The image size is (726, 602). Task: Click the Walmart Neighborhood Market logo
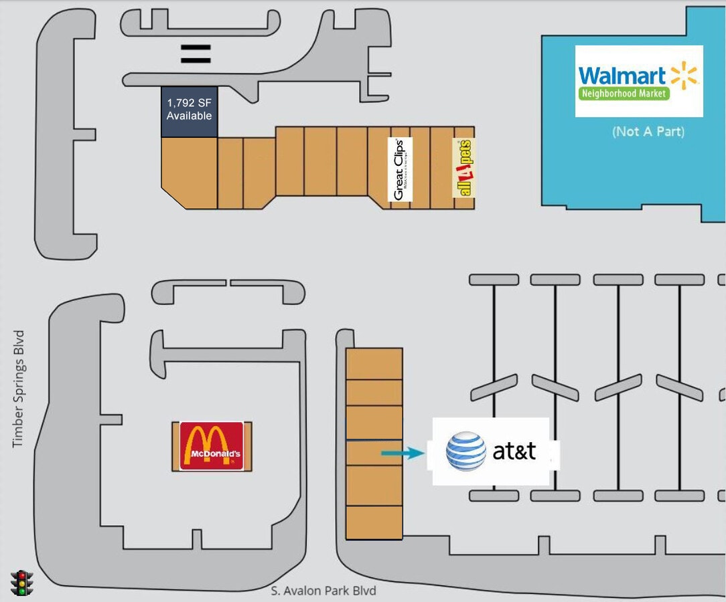tap(638, 81)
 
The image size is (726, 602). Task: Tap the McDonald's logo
tap(212, 446)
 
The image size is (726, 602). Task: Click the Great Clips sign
tap(401, 169)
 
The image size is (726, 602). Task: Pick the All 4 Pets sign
tap(463, 168)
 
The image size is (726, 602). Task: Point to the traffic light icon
tap(23, 583)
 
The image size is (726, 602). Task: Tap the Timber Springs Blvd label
tap(19, 389)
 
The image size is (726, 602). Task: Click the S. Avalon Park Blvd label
tap(323, 591)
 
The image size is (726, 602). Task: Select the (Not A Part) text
tap(648, 132)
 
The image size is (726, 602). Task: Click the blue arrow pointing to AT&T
tap(403, 454)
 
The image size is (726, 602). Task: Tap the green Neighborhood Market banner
tap(624, 94)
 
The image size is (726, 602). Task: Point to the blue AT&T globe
tap(466, 451)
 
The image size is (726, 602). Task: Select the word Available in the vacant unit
tap(190, 116)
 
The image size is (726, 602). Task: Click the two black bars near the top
tap(196, 54)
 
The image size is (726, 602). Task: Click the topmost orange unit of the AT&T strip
tap(374, 363)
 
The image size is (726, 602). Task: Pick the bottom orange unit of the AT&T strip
tap(374, 522)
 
